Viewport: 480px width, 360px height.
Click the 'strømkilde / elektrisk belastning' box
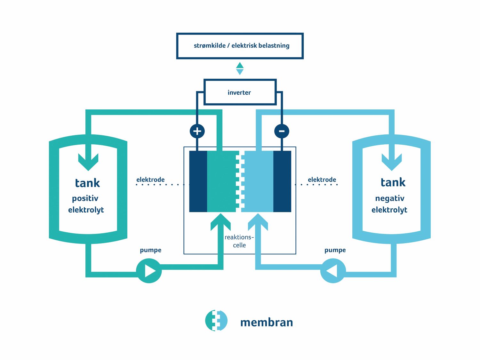(x=240, y=46)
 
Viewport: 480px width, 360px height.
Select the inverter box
(x=240, y=92)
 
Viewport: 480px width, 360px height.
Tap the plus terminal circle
(x=197, y=131)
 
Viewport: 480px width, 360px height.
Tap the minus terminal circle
(x=282, y=131)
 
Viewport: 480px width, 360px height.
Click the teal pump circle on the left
(x=149, y=271)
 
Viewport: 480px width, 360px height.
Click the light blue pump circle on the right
(x=333, y=271)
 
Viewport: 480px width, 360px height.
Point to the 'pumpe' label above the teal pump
(x=150, y=250)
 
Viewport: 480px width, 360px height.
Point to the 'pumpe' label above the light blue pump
(x=335, y=250)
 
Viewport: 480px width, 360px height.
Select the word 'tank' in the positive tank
(x=87, y=183)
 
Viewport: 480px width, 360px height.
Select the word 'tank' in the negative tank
(x=393, y=182)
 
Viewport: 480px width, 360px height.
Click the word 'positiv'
(x=85, y=198)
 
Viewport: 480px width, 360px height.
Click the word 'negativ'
(x=390, y=198)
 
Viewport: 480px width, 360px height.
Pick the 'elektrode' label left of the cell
(x=150, y=180)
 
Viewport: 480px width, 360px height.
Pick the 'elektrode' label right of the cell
(x=322, y=180)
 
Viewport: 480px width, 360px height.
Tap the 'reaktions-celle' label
(x=239, y=241)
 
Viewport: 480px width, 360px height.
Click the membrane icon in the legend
(x=216, y=320)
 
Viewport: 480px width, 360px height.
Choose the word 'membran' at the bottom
(x=267, y=322)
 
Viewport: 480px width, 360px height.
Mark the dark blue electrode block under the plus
(x=198, y=181)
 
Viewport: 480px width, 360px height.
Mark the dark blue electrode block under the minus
(x=282, y=181)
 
